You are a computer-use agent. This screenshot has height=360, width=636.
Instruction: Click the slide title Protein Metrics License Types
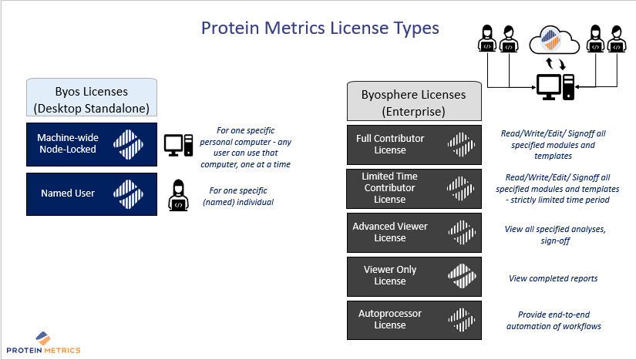click(320, 29)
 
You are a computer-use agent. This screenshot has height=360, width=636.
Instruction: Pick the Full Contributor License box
click(413, 144)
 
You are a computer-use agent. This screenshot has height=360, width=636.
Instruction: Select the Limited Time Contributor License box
click(413, 188)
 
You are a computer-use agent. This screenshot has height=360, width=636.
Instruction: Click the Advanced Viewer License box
click(413, 232)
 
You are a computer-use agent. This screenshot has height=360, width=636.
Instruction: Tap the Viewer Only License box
click(413, 275)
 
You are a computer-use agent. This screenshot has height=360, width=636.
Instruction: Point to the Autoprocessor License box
click(413, 319)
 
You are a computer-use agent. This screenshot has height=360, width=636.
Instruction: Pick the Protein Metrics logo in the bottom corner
click(48, 343)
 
